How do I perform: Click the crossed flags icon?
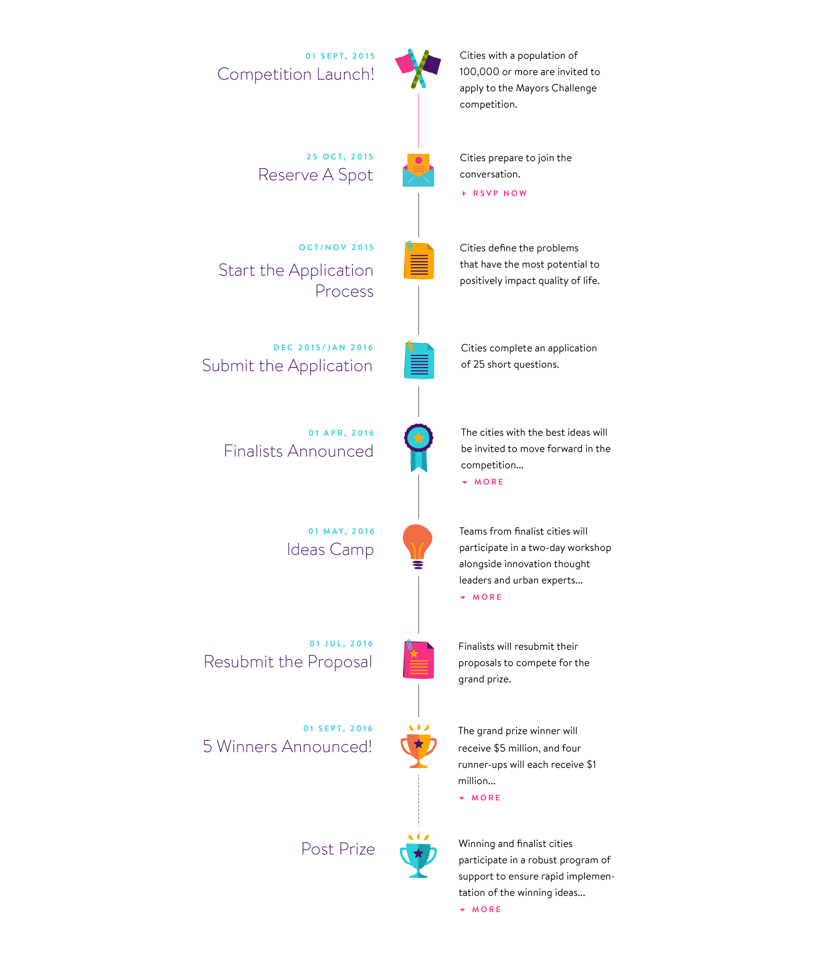tap(418, 69)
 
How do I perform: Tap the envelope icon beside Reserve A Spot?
tap(418, 170)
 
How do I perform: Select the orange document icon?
tap(419, 261)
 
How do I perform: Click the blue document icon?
tap(419, 359)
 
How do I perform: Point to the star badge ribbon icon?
tap(418, 447)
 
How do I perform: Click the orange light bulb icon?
tap(417, 546)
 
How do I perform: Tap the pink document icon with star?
tap(419, 659)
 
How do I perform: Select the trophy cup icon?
tap(418, 855)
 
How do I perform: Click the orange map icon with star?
tap(418, 746)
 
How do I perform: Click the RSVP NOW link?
tap(499, 193)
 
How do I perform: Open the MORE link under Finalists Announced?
tap(488, 482)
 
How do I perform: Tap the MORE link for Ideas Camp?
tap(487, 597)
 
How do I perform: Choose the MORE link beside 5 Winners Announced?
tap(485, 798)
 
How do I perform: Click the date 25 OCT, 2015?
tap(340, 156)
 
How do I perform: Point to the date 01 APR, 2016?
tap(341, 433)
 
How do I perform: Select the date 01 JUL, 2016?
tap(341, 643)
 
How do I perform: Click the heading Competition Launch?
tap(296, 74)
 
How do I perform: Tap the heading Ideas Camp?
tap(330, 549)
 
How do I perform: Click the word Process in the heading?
tap(344, 290)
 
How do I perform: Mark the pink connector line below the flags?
tap(418, 120)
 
